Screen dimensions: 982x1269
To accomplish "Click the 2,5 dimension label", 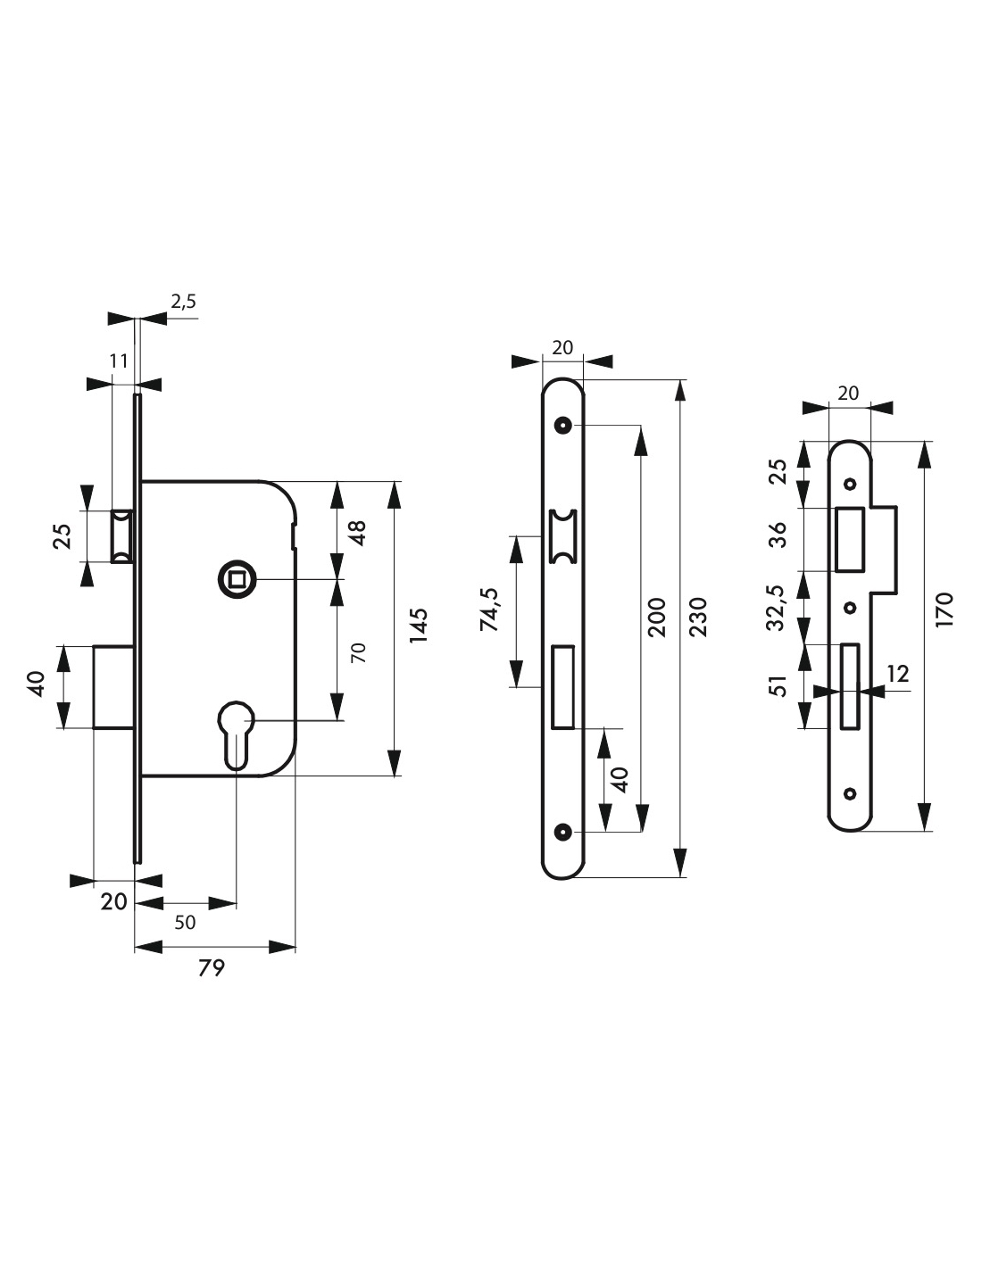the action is coord(183,302).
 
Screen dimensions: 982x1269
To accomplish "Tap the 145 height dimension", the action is coord(419,626).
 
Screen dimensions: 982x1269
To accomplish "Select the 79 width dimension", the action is coord(211,967).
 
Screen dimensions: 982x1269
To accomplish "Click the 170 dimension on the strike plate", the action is coord(944,610).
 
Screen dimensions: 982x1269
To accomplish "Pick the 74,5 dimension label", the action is coord(489,610).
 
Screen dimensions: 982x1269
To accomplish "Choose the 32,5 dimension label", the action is coord(777,610).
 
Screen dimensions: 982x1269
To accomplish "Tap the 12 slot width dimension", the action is coord(898,674).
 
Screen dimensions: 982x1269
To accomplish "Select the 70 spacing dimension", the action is coord(358,651).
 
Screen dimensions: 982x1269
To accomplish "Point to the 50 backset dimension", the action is coord(185,922).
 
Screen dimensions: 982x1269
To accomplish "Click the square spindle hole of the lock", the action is coord(237,579).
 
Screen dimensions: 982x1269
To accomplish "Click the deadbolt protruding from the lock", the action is coord(114,687).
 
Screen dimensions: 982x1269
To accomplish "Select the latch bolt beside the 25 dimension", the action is coord(122,536).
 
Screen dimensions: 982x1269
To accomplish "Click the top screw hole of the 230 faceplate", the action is coord(562,425).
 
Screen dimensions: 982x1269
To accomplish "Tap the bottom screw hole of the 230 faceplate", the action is coord(562,831).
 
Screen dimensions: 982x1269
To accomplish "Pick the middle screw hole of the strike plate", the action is coord(850,608).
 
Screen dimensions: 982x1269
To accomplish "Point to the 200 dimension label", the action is coord(656,618).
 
